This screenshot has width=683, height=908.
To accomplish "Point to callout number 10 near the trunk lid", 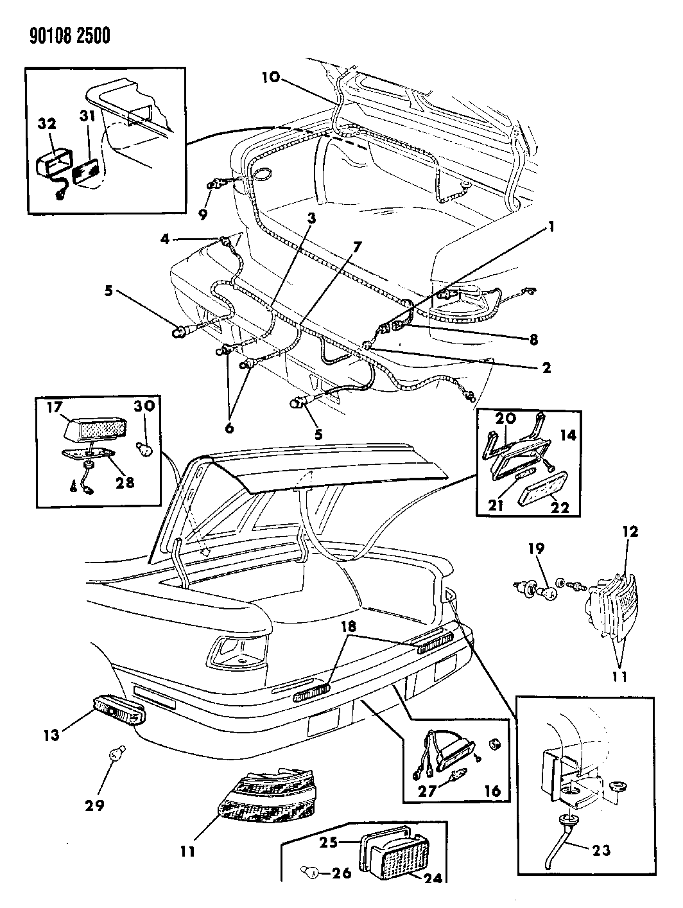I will pyautogui.click(x=270, y=78).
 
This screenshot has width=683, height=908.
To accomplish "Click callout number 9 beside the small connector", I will pyautogui.click(x=202, y=214).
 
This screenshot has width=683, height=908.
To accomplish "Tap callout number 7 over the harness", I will pyautogui.click(x=358, y=247).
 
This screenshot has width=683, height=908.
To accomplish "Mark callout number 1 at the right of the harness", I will pyautogui.click(x=550, y=227).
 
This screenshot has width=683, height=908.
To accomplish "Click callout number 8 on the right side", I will pyautogui.click(x=532, y=338).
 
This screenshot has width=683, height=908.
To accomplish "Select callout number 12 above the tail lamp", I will pyautogui.click(x=630, y=532).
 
